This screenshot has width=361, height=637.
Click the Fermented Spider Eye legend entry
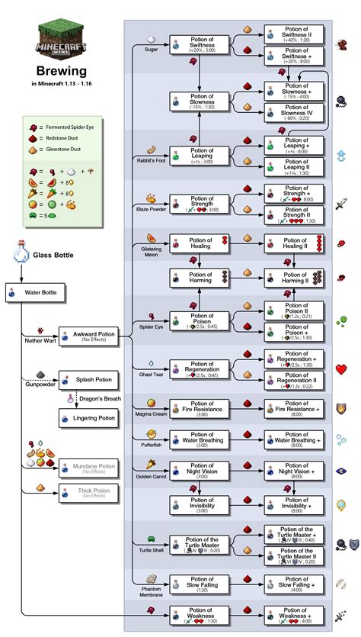pos(62,124)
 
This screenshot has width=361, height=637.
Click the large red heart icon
pos(342,369)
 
